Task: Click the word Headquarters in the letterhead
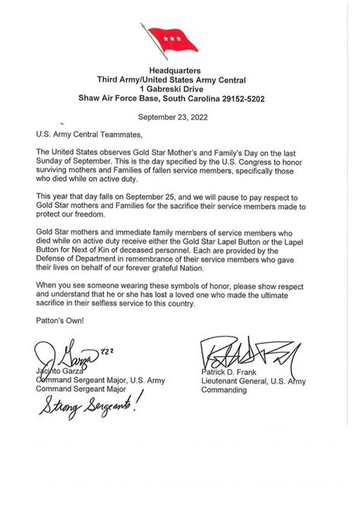[x=179, y=69]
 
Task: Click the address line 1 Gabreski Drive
[x=179, y=88]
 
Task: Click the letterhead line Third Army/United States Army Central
[x=179, y=79]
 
